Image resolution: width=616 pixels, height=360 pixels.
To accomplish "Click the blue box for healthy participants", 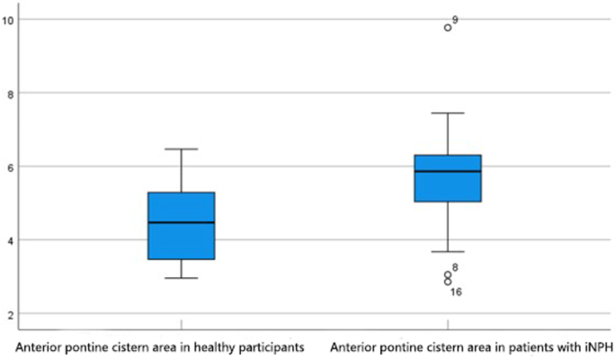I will tap(181, 225).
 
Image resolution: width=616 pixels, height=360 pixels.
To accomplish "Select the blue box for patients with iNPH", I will tap(447, 178).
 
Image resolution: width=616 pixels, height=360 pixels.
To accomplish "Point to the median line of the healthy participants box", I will tap(181, 222).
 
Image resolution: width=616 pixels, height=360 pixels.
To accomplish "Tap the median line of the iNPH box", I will tap(447, 171).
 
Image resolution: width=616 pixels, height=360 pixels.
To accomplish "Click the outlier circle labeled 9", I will tap(448, 27).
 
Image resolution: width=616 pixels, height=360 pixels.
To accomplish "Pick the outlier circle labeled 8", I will tap(448, 274).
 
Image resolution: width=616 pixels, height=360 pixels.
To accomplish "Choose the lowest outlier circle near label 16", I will tap(448, 283).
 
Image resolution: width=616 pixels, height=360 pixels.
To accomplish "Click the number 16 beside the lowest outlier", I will tap(456, 292).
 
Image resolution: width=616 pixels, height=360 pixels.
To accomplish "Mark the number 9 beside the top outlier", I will tap(456, 19).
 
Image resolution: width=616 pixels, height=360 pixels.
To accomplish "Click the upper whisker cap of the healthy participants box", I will tap(181, 148).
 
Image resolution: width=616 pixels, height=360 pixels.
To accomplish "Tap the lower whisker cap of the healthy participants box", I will tap(181, 278).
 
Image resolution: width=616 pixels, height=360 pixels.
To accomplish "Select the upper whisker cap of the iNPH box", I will tap(447, 112).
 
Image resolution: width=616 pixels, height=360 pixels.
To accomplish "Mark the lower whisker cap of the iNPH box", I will tap(447, 252).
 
